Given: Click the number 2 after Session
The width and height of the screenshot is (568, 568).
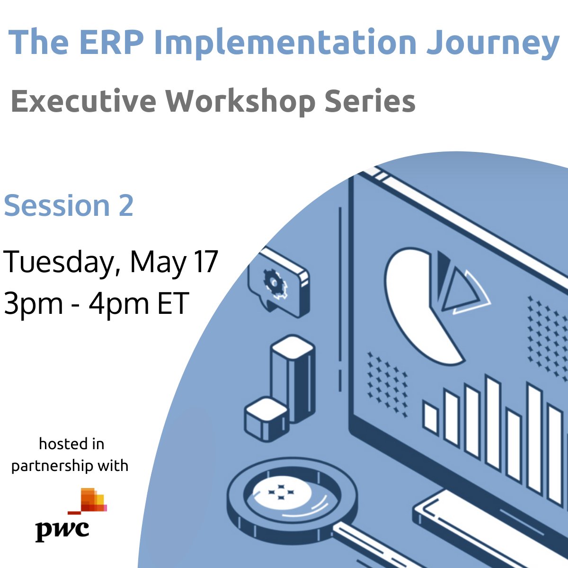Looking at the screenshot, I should click(x=125, y=205).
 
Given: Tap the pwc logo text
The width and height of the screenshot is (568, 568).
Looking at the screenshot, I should click(x=62, y=529).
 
